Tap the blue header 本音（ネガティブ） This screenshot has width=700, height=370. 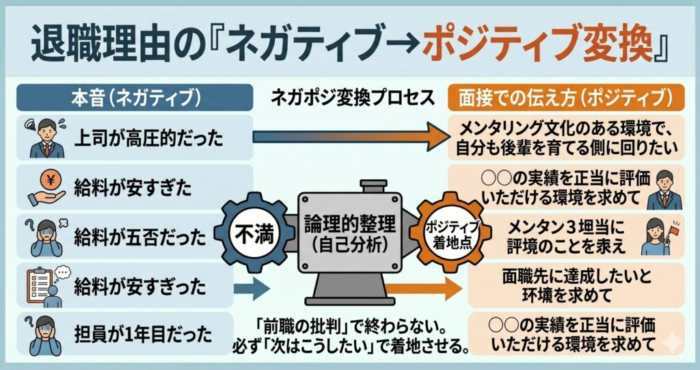point(131,97)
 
